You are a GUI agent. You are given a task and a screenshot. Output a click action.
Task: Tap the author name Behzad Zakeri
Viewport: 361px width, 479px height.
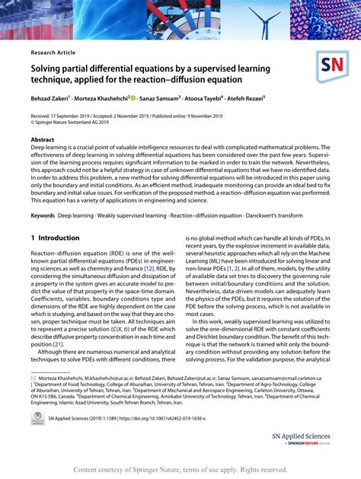pos(52,98)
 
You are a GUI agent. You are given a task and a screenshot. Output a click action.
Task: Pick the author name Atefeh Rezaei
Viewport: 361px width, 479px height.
pos(258,98)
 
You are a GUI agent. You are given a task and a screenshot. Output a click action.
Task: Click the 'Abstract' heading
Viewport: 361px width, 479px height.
pos(43,140)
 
